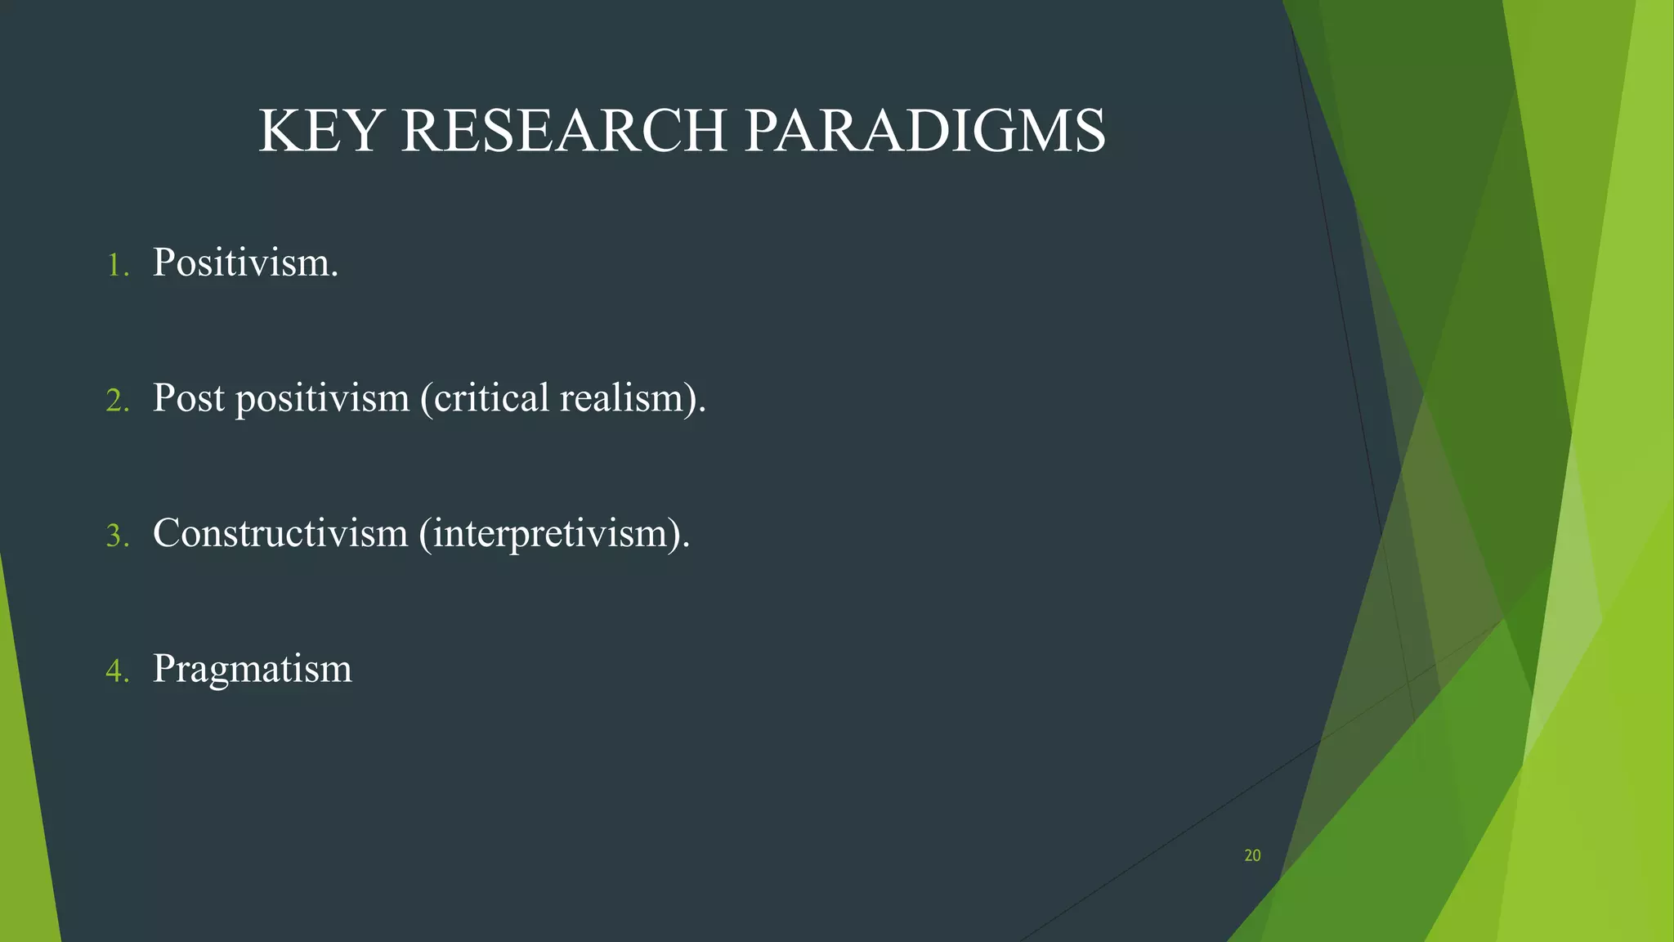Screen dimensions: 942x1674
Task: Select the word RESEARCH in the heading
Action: tap(563, 131)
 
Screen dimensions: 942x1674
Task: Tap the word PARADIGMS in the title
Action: tap(925, 131)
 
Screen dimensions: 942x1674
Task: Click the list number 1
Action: tap(117, 266)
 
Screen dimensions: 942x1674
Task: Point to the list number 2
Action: tap(117, 401)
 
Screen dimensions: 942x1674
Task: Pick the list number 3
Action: tap(117, 536)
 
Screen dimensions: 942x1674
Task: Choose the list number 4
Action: tap(117, 671)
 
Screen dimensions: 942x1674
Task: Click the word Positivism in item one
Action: tap(245, 263)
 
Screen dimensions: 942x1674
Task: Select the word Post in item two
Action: tap(188, 398)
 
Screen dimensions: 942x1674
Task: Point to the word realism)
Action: tap(633, 398)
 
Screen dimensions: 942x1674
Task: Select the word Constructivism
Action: tap(280, 533)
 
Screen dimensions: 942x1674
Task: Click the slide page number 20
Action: tap(1252, 855)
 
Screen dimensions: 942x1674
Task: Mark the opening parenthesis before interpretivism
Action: tap(424, 535)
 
